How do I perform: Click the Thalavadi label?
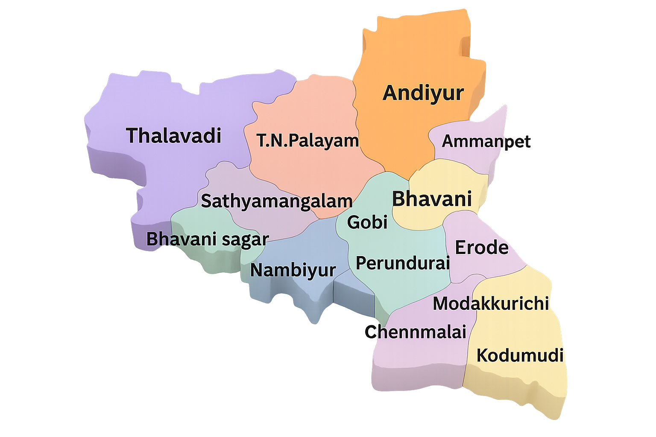click(x=173, y=135)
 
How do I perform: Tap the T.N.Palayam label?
click(x=307, y=140)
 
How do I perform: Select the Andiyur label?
click(x=423, y=93)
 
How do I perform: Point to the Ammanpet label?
click(x=486, y=141)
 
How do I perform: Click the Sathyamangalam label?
click(x=276, y=201)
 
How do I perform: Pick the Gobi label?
click(x=367, y=222)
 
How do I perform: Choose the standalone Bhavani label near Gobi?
click(x=432, y=199)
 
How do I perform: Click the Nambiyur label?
click(x=293, y=270)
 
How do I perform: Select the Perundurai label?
click(x=403, y=263)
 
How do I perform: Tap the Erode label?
click(x=482, y=248)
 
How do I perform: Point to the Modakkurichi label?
click(x=491, y=303)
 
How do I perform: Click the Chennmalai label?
click(x=415, y=332)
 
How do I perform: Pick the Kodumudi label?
click(x=520, y=355)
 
